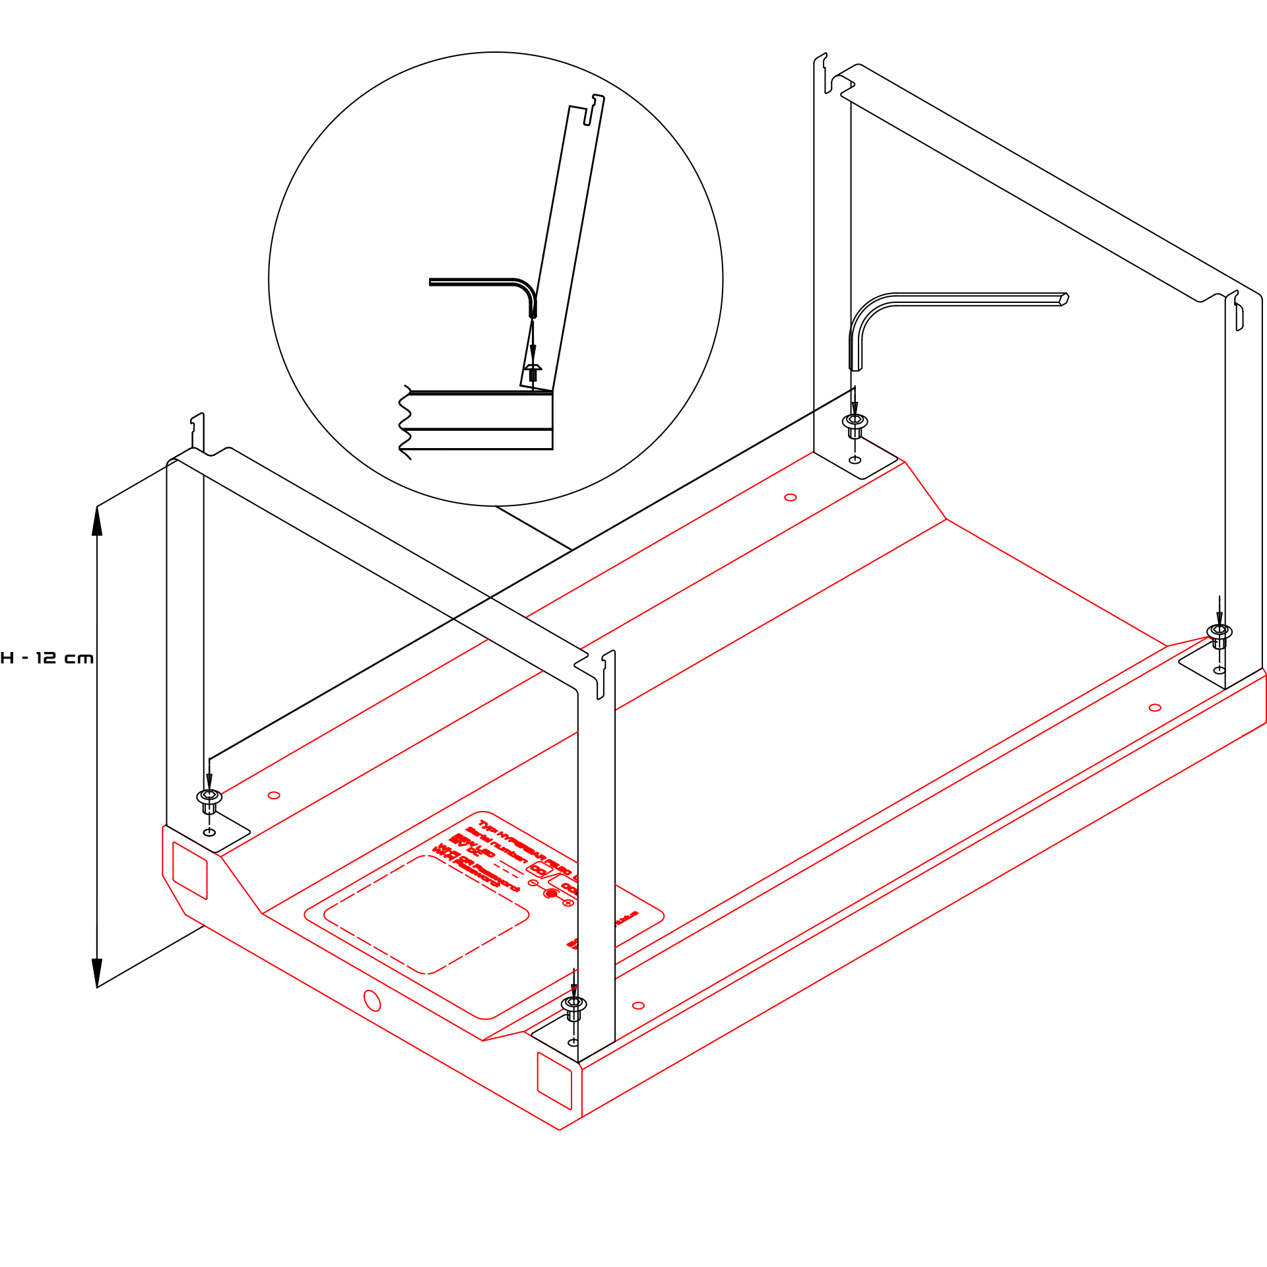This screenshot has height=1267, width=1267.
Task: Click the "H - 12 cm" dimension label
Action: (47, 658)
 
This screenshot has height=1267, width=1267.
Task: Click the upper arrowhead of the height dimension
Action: (97, 521)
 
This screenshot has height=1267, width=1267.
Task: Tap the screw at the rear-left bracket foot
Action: (855, 422)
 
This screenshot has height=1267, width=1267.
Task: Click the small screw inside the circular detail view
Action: (533, 372)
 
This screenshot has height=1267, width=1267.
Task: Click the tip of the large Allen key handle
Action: (1063, 299)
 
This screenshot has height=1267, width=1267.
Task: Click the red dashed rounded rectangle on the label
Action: (426, 915)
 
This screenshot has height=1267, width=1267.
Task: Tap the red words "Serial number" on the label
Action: (496, 845)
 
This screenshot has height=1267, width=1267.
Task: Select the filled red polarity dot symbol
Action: (551, 893)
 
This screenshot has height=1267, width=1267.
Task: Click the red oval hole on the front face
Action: (372, 1000)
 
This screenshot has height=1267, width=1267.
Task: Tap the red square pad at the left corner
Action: (190, 870)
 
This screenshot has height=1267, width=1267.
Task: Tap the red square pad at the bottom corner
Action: (554, 1081)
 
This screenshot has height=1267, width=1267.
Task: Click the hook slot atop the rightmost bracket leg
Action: (1239, 317)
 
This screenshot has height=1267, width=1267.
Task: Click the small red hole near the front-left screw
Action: (274, 795)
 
